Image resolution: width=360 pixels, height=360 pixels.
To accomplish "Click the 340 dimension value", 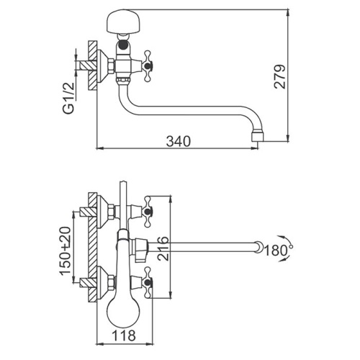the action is (179, 141).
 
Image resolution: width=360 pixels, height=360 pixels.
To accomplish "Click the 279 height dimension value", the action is (280, 77).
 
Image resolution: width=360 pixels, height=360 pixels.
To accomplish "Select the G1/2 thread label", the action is (68, 98).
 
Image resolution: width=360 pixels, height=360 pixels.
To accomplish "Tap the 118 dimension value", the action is (124, 336).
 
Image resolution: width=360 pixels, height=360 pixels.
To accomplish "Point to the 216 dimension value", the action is (163, 248).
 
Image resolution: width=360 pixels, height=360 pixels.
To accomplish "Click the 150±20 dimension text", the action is (66, 251).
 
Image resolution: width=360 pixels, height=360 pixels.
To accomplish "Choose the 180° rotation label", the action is (279, 251).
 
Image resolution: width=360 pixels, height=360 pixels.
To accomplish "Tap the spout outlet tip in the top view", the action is (257, 137).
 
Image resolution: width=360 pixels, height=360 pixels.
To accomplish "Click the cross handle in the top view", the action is (148, 65).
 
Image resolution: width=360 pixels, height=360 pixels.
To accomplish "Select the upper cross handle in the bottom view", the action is (148, 212).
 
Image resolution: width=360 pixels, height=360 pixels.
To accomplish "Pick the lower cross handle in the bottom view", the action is (148, 283).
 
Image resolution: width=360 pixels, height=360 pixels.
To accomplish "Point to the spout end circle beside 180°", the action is (259, 247).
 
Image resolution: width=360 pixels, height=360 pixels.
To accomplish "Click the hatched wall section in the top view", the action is (92, 66).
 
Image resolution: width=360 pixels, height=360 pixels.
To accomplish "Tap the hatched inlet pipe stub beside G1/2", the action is (84, 66).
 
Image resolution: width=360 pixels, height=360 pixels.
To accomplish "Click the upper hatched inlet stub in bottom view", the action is (84, 212).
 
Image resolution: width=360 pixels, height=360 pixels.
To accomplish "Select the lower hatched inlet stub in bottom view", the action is (84, 282).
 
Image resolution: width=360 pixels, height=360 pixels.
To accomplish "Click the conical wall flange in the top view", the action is (103, 66).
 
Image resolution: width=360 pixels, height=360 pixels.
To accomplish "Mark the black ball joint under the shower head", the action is (123, 45).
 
